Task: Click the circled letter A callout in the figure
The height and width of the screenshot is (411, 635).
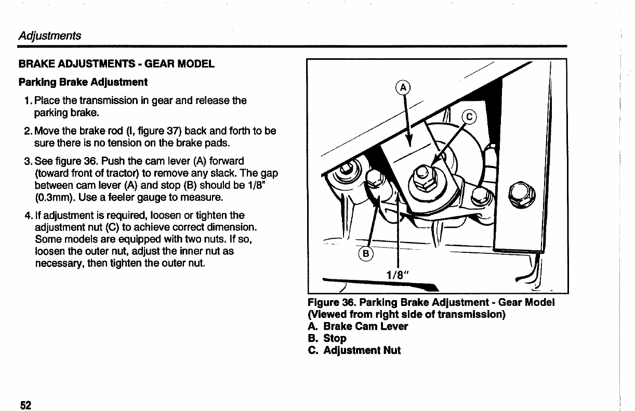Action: click(403, 87)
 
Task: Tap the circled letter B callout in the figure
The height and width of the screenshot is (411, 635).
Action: click(366, 254)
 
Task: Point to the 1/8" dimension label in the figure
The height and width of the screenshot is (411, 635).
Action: click(398, 276)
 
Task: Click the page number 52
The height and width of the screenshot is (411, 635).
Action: click(25, 405)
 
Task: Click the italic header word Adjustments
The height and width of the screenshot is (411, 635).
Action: click(49, 35)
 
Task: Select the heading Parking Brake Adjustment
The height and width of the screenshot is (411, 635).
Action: click(83, 82)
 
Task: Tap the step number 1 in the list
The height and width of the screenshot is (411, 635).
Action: click(27, 100)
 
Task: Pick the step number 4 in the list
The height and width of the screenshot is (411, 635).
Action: click(27, 215)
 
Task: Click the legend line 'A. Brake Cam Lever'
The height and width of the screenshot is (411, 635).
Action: click(358, 326)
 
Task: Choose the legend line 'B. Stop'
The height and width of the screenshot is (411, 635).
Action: click(327, 338)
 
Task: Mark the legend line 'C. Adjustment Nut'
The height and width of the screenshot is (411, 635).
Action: click(354, 350)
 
